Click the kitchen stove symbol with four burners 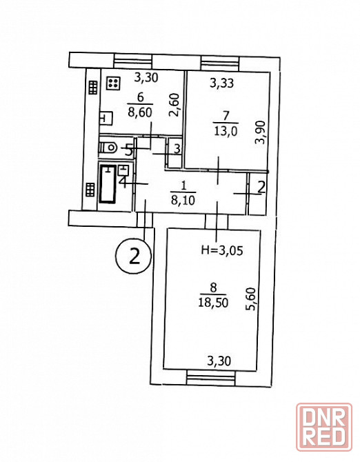[x=113, y=83]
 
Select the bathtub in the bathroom [x=108, y=184]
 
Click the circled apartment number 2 [x=134, y=256]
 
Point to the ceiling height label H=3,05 [x=221, y=250]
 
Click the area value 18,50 [x=213, y=303]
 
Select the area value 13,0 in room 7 [x=226, y=131]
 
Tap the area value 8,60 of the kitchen [x=140, y=112]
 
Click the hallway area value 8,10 [x=183, y=201]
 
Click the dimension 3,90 [x=261, y=132]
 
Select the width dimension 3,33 [x=222, y=83]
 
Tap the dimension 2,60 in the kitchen [x=175, y=105]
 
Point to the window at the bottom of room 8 [x=211, y=376]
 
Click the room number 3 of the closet [x=177, y=149]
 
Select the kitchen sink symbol [x=106, y=119]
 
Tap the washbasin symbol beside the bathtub [x=123, y=170]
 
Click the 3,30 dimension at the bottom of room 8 [x=219, y=361]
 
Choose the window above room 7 [x=219, y=62]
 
